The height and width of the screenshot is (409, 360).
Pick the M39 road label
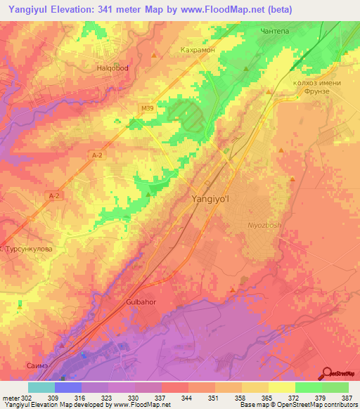[x=146, y=108]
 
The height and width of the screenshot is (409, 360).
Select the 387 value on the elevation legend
[x=347, y=397]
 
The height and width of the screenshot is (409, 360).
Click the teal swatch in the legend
[x=41, y=387]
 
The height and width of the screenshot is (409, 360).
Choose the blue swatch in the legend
[x=68, y=387]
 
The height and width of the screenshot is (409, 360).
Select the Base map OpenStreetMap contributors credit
[x=300, y=405]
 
